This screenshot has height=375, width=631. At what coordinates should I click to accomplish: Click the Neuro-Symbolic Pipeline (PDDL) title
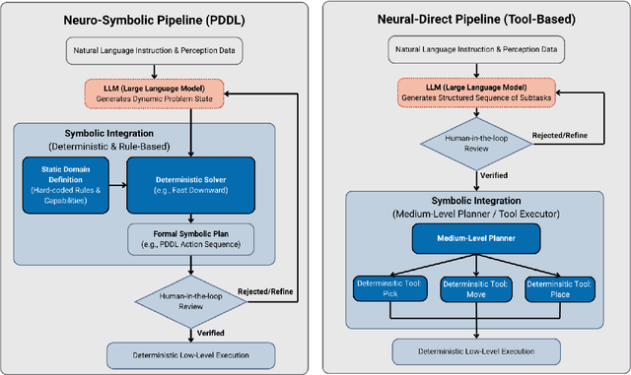[x=155, y=21]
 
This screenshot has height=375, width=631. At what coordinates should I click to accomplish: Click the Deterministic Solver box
[x=189, y=184]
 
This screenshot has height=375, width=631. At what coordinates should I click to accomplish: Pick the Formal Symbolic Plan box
[x=189, y=237]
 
